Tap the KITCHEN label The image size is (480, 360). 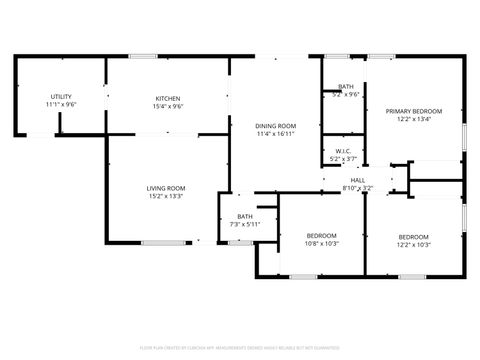click(x=167, y=98)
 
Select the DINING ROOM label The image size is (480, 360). click(x=276, y=126)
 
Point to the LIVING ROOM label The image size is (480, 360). click(x=166, y=188)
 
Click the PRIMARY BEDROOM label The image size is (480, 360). click(x=413, y=112)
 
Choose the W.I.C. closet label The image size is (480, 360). click(x=343, y=151)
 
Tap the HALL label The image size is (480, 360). click(x=357, y=180)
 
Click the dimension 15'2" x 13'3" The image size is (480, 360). click(x=166, y=197)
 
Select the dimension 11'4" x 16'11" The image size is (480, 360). click(x=276, y=134)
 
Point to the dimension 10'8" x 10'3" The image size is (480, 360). click(x=322, y=243)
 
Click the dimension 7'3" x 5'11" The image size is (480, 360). click(x=245, y=224)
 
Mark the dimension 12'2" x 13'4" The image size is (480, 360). click(x=413, y=120)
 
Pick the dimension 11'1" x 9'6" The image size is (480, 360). click(x=61, y=105)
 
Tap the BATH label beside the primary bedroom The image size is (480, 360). click(x=345, y=87)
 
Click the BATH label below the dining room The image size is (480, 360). click(x=245, y=216)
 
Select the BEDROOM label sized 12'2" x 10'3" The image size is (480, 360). click(x=413, y=236)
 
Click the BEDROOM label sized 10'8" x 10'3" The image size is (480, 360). click(x=322, y=235)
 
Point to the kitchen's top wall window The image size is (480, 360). click(x=143, y=56)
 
